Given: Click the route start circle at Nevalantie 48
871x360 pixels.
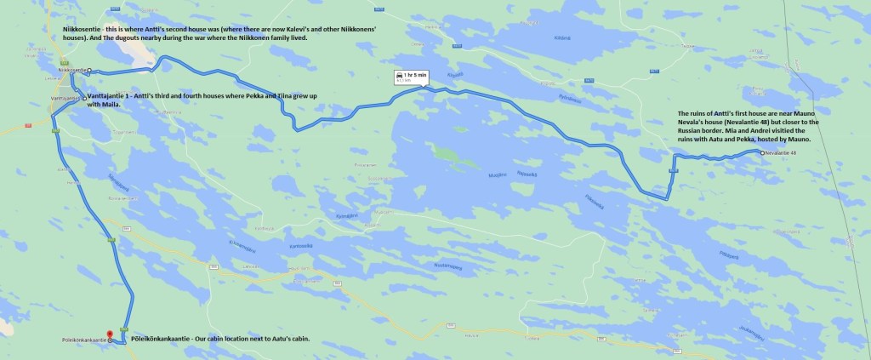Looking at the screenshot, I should point(761,152).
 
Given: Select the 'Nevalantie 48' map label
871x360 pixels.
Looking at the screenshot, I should point(781,152).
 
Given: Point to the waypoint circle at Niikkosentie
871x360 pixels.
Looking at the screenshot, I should point(88,71).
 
